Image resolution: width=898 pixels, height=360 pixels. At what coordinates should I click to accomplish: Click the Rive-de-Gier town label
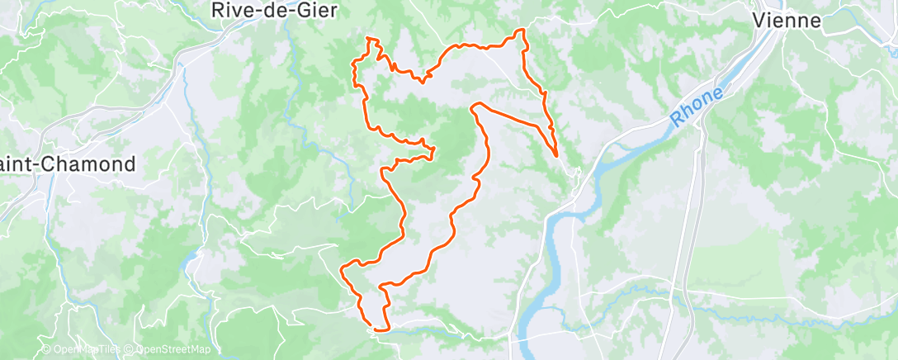pos(269,11)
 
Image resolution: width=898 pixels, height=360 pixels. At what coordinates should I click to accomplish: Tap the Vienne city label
pos(787,21)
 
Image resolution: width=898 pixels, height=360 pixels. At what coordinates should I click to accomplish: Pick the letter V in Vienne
pos(759,21)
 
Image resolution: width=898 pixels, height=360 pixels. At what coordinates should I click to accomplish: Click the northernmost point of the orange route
pos(520,31)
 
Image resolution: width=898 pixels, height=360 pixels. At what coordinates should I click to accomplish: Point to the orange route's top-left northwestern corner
pos(368,39)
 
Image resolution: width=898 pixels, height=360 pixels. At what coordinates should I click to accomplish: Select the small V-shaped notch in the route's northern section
pos(423,81)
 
